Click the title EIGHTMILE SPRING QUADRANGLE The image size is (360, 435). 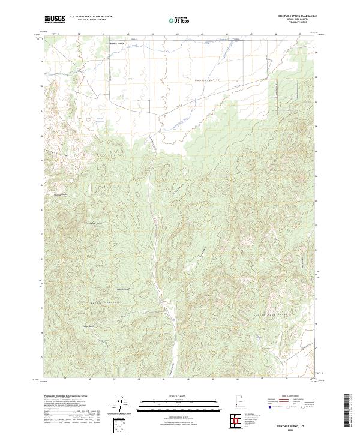(293, 17)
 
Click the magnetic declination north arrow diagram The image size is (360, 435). (127, 406)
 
